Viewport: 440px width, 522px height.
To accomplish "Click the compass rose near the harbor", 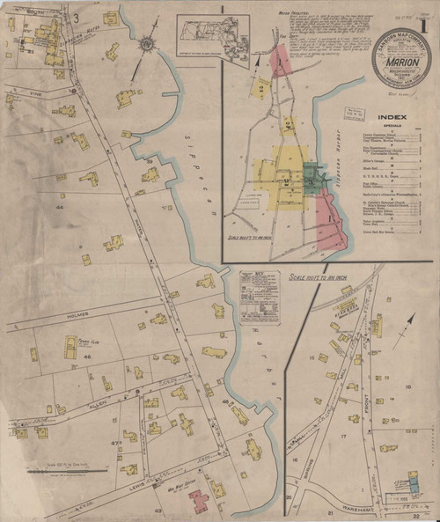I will tap(147, 43).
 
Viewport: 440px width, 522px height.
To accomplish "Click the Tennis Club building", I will tap(70, 346).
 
